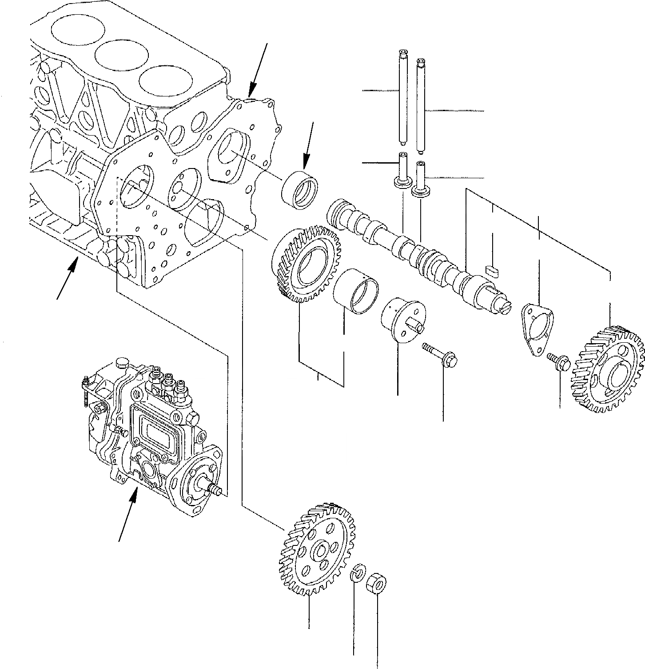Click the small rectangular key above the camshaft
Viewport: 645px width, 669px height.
[493, 268]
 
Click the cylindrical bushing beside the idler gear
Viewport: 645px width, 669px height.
[356, 289]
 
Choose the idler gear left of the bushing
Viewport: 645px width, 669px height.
[305, 265]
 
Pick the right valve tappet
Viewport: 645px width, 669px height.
[420, 179]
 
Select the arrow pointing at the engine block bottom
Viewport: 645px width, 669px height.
[67, 280]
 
